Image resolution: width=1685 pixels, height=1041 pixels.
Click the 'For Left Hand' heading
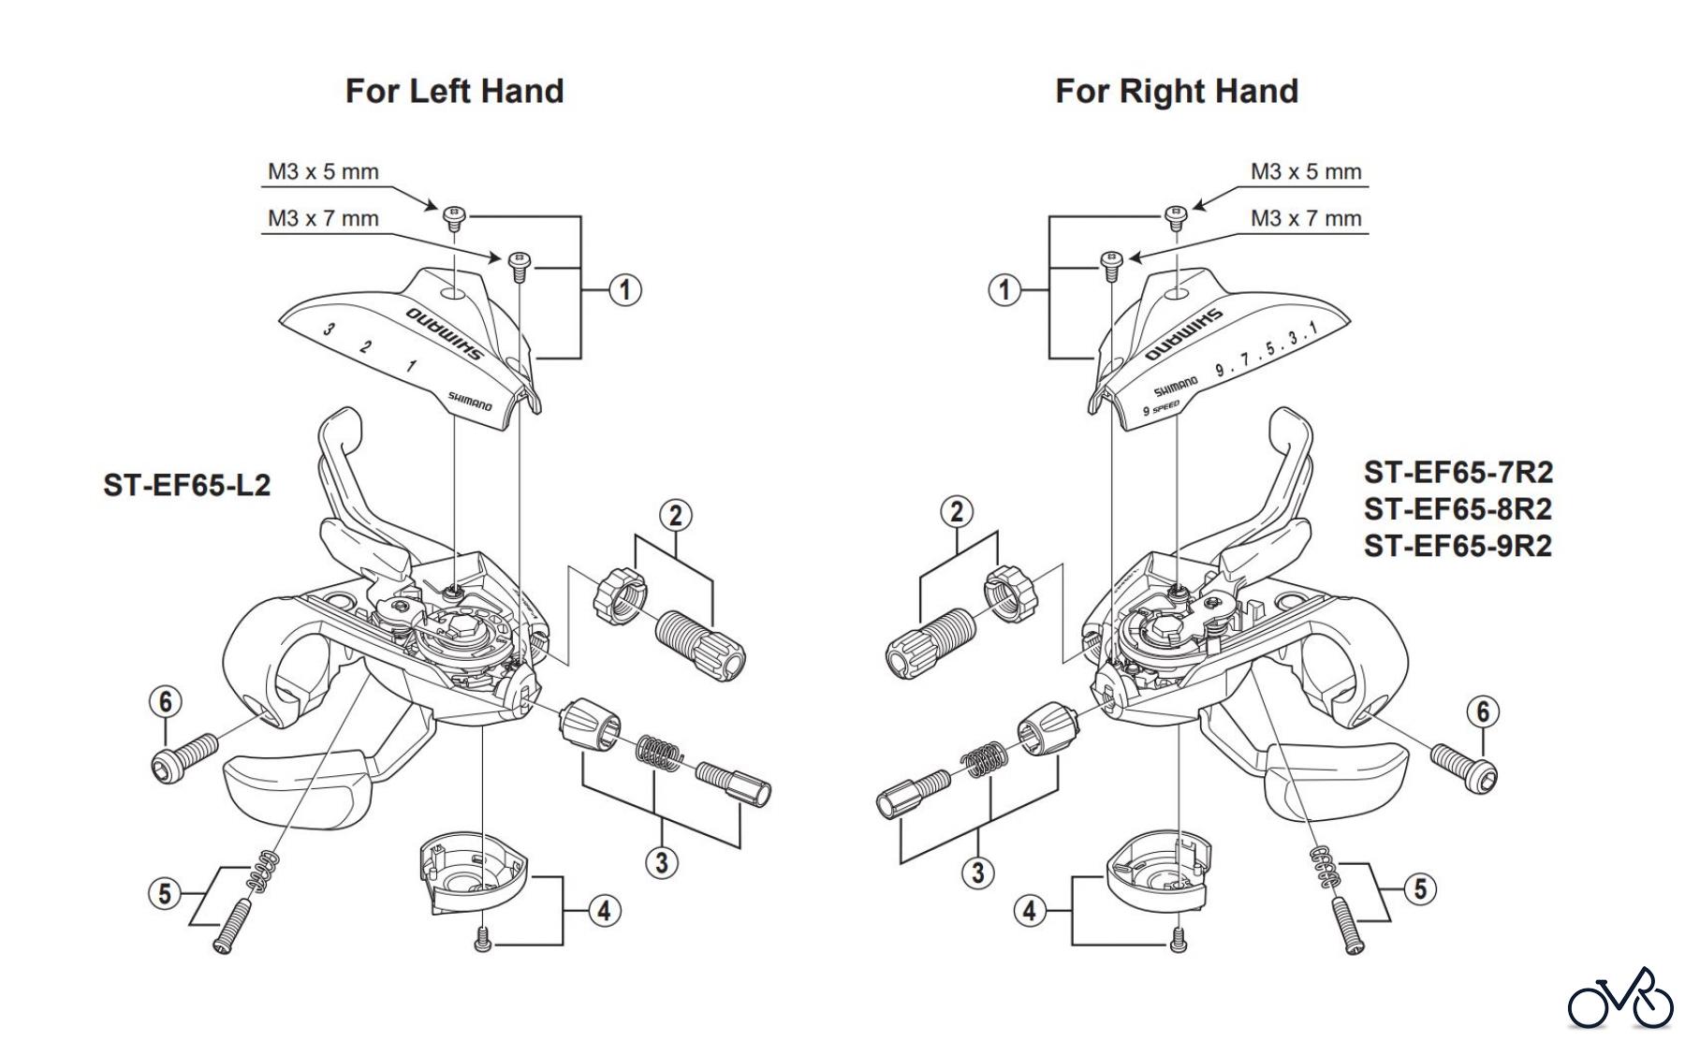click(454, 91)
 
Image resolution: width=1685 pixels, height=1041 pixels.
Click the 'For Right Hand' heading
click(1176, 91)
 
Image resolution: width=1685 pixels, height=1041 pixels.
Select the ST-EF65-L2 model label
click(186, 485)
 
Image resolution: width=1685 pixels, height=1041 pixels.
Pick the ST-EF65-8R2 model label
click(1458, 508)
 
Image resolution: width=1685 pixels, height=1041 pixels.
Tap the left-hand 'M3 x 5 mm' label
click(323, 171)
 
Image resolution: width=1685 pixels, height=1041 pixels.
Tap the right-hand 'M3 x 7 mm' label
click(1306, 218)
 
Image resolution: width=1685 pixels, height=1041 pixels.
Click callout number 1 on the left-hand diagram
click(625, 289)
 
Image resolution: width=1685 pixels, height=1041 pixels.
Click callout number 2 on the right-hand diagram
click(956, 511)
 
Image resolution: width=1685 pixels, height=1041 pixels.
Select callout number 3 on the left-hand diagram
click(662, 861)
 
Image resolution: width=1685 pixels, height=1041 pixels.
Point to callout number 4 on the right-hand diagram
click(1030, 910)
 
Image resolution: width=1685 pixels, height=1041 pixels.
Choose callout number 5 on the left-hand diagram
click(165, 893)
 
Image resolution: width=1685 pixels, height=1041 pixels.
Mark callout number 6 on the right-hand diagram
click(1483, 712)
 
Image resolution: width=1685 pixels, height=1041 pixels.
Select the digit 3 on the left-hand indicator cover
click(329, 330)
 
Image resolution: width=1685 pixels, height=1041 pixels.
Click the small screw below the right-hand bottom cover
click(1179, 938)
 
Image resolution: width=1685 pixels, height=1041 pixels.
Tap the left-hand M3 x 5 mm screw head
click(453, 214)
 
